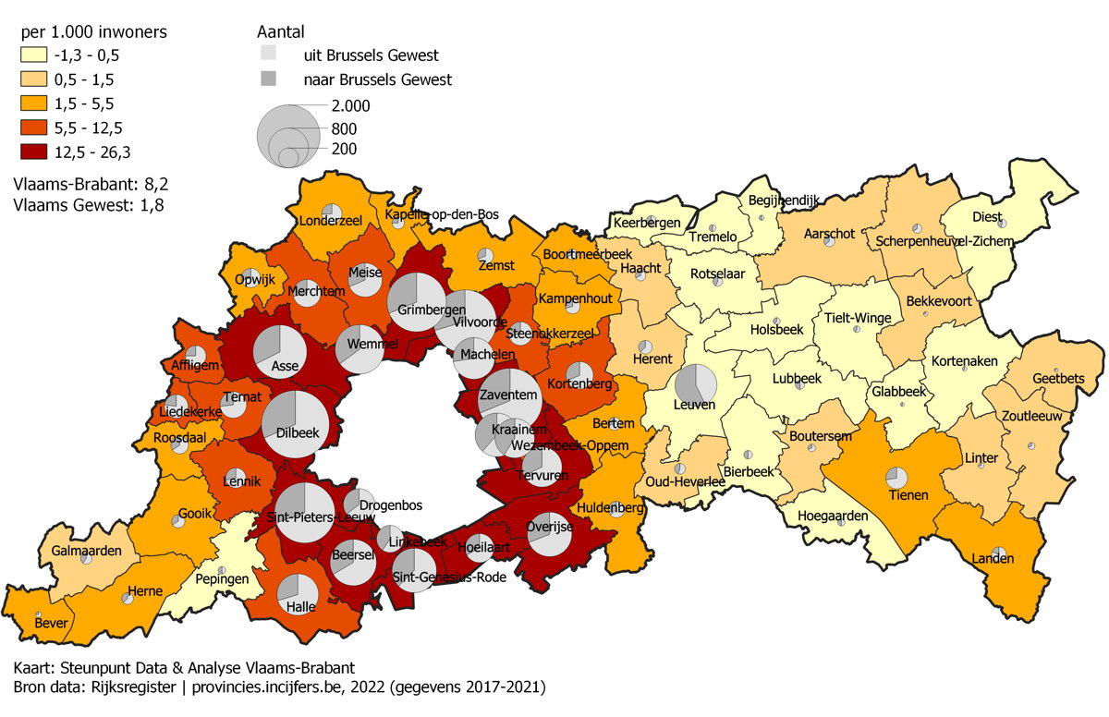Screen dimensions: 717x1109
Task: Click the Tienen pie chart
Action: click(896, 478)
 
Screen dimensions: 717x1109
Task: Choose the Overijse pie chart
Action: click(549, 534)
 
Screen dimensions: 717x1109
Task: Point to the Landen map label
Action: click(993, 559)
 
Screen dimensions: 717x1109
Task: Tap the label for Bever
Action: click(51, 624)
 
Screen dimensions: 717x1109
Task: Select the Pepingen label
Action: click(222, 579)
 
